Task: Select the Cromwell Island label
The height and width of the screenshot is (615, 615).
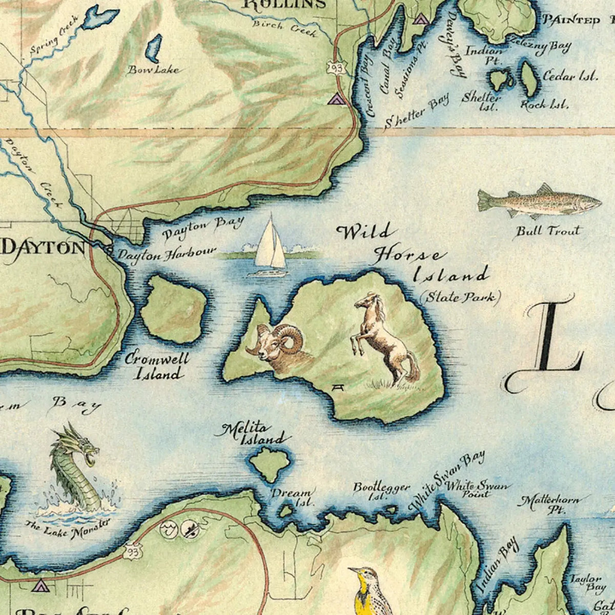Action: coord(157,366)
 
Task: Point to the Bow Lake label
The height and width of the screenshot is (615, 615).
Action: coord(153,70)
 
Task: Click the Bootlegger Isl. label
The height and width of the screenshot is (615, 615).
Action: coord(381,491)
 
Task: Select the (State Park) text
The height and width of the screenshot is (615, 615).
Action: coord(459,297)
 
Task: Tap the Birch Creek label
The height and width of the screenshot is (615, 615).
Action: coord(285,27)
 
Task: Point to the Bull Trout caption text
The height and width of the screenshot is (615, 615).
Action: coord(548,231)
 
